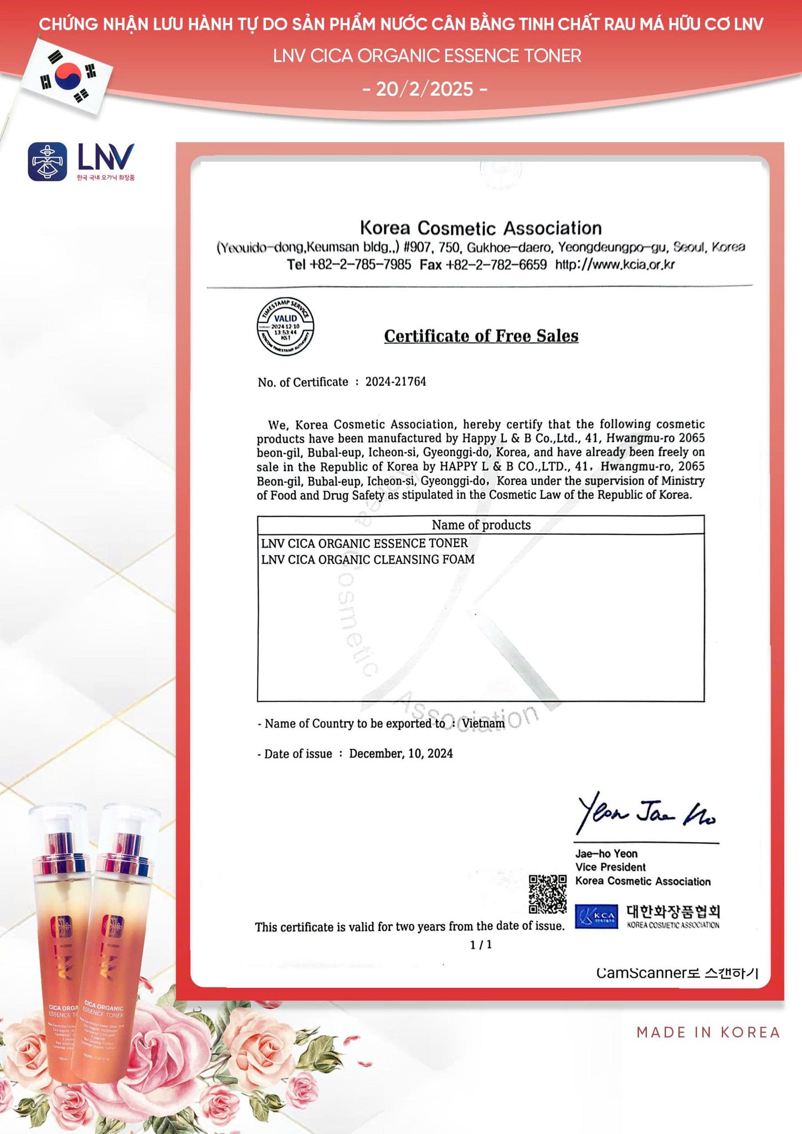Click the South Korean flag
68,76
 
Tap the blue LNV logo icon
48,162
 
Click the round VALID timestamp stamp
285,327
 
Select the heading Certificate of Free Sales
481,336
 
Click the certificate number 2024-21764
395,382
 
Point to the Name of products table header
481,525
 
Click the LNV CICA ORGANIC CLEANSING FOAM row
368,559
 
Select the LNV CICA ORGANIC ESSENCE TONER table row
364,543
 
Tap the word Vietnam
483,723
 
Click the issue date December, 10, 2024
400,754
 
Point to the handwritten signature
646,813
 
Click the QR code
547,894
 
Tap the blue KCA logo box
596,916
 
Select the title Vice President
610,867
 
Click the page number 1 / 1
481,945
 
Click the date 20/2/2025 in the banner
425,89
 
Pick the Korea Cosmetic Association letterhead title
481,228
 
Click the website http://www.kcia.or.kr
615,265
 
